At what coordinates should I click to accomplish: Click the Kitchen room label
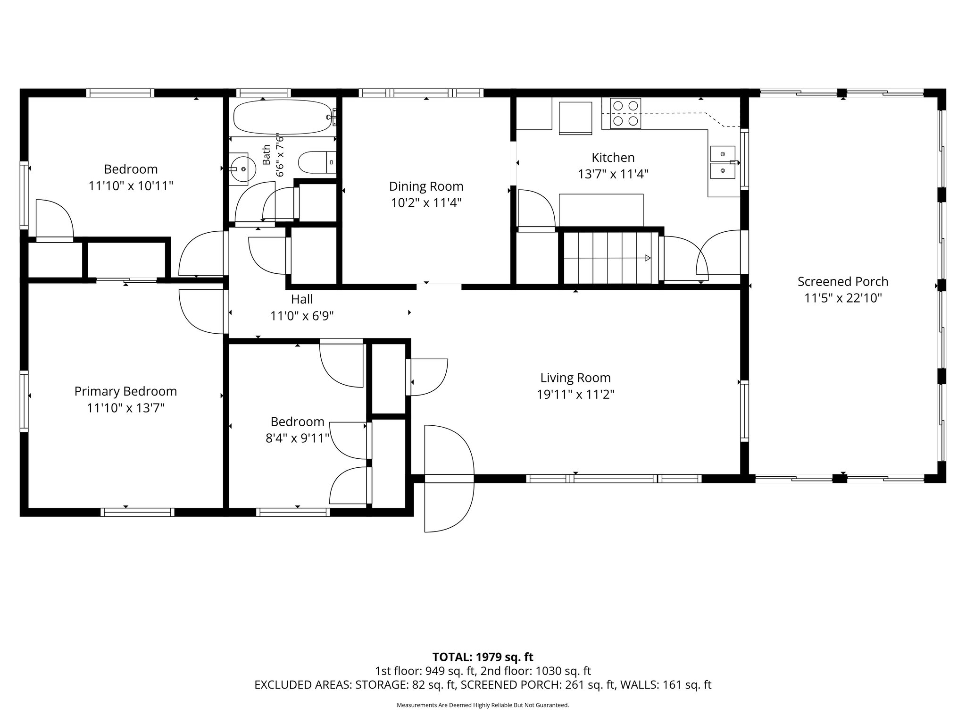613,157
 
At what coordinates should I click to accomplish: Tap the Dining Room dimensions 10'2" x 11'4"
426,203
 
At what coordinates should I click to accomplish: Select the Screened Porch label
843,281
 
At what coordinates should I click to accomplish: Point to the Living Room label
575,378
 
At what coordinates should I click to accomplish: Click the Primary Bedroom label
125,391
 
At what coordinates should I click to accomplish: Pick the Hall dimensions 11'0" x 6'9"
302,316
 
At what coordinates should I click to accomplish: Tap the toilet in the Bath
317,162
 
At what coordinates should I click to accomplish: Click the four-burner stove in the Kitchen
625,114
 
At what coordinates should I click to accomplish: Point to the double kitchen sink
723,162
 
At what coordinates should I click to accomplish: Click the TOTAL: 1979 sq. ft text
483,657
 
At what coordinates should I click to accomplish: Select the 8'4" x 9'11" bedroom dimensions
297,438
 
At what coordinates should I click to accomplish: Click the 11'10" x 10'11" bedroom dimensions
131,186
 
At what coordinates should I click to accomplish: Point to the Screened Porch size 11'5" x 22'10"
843,298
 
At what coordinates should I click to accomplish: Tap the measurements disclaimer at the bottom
483,705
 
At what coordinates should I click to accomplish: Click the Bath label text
266,155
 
